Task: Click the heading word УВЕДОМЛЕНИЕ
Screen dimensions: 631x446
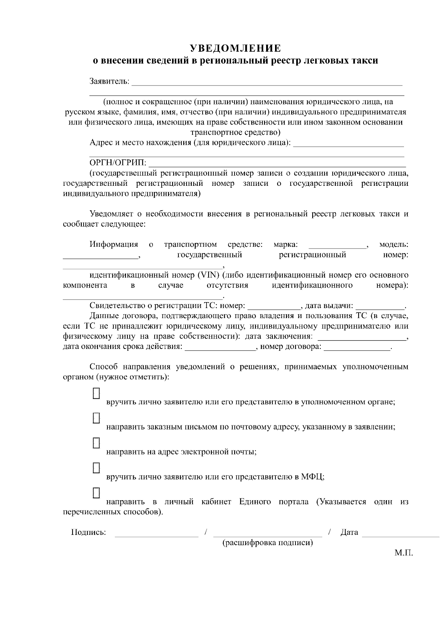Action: coord(236,49)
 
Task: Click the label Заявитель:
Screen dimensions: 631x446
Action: coord(110,81)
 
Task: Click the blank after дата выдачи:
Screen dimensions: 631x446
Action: coord(380,307)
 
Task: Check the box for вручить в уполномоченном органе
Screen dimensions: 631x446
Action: coord(96,393)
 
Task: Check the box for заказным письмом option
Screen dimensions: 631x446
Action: coord(96,418)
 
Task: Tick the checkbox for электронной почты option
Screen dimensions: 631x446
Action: coord(96,443)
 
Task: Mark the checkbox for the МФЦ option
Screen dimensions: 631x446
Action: coord(96,467)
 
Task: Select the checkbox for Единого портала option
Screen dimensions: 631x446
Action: coord(96,492)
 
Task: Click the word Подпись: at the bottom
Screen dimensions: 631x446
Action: coord(88,532)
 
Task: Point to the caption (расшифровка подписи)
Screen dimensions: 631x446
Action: coord(268,543)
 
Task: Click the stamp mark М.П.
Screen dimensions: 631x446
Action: coord(404,553)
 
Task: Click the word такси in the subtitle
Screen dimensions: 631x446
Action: coord(364,61)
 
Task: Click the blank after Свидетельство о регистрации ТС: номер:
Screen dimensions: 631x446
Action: coord(274,307)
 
